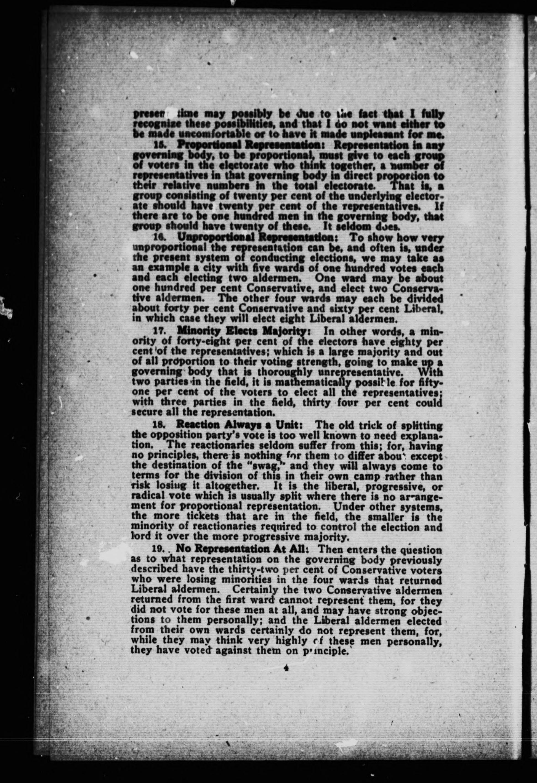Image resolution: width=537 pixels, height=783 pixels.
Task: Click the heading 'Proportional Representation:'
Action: (x=249, y=146)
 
